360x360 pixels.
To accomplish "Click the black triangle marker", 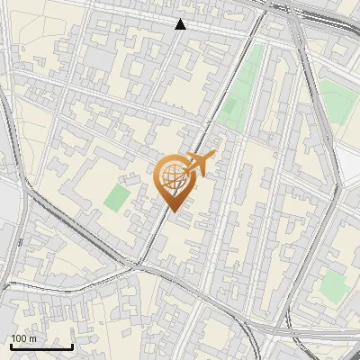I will [181, 24].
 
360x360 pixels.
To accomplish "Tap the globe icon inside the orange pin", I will [174, 175].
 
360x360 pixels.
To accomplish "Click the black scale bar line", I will [40, 346].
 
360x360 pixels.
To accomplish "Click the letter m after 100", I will [33, 338].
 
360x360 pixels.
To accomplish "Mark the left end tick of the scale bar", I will [10, 345].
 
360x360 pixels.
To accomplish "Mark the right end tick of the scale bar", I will [72, 345].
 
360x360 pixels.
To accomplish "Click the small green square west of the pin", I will [115, 198].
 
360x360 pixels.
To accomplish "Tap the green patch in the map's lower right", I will [334, 285].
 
